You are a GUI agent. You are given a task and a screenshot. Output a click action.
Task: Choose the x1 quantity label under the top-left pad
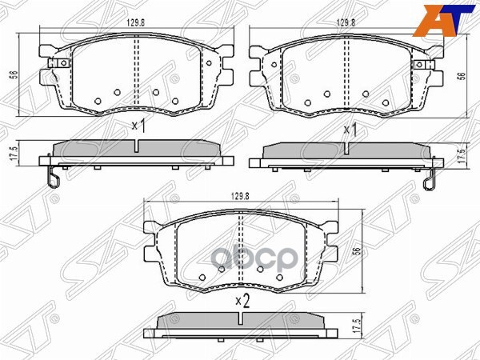(138, 126)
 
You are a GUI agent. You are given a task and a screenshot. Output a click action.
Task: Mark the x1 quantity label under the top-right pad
(350, 128)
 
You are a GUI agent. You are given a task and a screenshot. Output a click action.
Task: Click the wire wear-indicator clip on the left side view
(52, 177)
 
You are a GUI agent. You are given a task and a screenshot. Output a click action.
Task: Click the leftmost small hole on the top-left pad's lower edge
(96, 101)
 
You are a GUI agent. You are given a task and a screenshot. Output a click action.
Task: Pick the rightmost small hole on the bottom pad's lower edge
(280, 278)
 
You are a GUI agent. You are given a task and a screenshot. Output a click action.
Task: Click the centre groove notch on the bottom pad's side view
(241, 318)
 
